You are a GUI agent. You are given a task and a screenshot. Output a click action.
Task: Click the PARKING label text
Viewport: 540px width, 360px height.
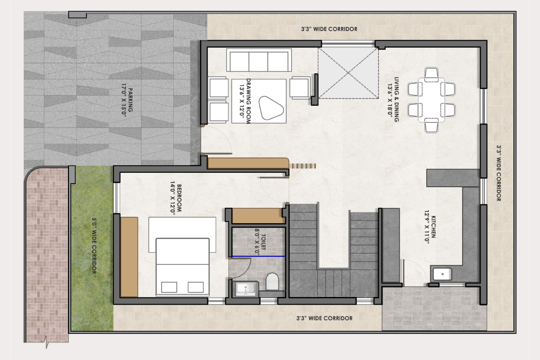coord(130,100)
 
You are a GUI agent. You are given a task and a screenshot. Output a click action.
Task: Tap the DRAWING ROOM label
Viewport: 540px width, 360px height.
coord(248,101)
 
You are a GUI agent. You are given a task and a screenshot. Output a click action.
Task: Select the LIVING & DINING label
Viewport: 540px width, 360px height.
coord(396,99)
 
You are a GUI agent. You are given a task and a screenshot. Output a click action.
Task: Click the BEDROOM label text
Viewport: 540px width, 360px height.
coord(179,198)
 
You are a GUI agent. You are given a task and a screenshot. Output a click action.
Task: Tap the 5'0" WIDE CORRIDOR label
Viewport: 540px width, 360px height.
coord(94,246)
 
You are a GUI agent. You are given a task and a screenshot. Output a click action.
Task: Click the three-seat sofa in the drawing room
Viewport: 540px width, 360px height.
coord(259,60)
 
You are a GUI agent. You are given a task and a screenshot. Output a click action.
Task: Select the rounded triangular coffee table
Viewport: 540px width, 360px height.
coord(270,108)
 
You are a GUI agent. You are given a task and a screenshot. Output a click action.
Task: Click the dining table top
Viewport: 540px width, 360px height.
coord(432,100)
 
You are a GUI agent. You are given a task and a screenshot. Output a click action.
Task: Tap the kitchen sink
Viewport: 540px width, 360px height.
coord(442,274)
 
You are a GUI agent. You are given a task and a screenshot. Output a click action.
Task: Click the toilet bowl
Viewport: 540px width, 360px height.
coord(272,281)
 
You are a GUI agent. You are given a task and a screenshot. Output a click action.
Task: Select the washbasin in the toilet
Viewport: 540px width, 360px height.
coord(245,289)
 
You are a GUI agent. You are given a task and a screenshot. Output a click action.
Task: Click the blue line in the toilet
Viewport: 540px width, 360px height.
coord(258,256)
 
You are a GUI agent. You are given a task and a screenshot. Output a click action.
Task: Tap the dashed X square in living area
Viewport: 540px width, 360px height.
coord(348,73)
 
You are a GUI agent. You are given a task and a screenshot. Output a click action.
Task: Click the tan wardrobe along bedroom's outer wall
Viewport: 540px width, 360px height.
coord(129,257)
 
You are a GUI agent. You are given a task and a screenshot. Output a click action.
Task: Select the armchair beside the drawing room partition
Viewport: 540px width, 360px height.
coord(300,88)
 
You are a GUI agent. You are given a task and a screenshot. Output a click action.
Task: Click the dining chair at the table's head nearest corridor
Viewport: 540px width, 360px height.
coord(432,126)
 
